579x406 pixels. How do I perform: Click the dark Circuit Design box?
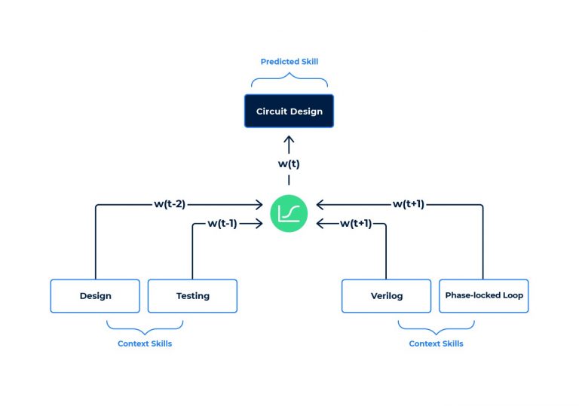[289, 111]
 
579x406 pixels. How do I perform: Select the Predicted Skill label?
[289, 62]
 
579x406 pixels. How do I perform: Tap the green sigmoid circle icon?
[289, 213]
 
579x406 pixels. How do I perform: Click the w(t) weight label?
[289, 163]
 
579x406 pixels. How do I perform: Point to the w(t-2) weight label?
[170, 203]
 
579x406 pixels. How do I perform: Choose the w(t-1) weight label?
[222, 223]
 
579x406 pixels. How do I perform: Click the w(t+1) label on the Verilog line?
[356, 223]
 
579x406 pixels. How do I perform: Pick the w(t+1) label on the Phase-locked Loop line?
[408, 203]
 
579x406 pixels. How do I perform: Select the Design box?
[95, 296]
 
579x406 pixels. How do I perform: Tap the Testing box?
[192, 296]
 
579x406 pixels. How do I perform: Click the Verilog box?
[387, 296]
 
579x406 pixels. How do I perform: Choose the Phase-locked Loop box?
[483, 296]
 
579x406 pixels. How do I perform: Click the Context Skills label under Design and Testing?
[145, 343]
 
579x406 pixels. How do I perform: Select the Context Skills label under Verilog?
[436, 343]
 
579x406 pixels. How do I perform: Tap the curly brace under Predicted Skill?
[289, 81]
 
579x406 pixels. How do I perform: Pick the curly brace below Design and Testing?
[145, 325]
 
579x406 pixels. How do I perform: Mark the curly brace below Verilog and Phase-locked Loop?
[436, 325]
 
